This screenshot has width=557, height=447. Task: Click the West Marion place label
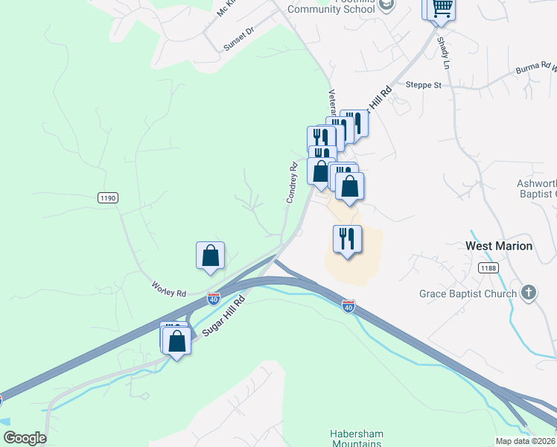[499, 246]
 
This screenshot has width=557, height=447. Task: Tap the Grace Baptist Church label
[467, 294]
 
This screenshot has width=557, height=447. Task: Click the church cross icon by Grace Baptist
[529, 292]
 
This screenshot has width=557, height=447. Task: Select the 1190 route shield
[108, 197]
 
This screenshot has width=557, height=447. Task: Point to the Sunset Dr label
[238, 39]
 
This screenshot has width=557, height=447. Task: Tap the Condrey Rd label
[292, 183]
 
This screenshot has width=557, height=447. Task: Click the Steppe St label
[424, 85]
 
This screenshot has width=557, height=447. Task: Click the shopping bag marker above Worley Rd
[211, 256]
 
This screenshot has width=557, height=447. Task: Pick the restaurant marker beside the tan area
[347, 239]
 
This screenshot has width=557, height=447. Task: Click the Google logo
[25, 438]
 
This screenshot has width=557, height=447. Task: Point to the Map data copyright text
[526, 441]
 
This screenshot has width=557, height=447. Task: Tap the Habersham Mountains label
[355, 438]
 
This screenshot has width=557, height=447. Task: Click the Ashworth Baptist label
[536, 188]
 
